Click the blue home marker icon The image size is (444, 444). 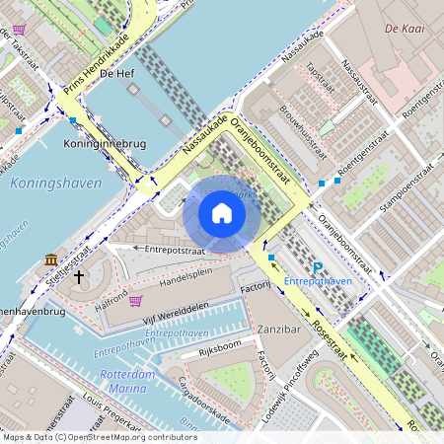[x=222, y=213]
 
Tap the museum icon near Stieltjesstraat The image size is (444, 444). [x=50, y=259]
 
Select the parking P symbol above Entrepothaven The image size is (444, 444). [x=317, y=268]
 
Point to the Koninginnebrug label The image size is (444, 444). [x=105, y=144]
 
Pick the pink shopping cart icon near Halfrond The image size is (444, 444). [x=134, y=300]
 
